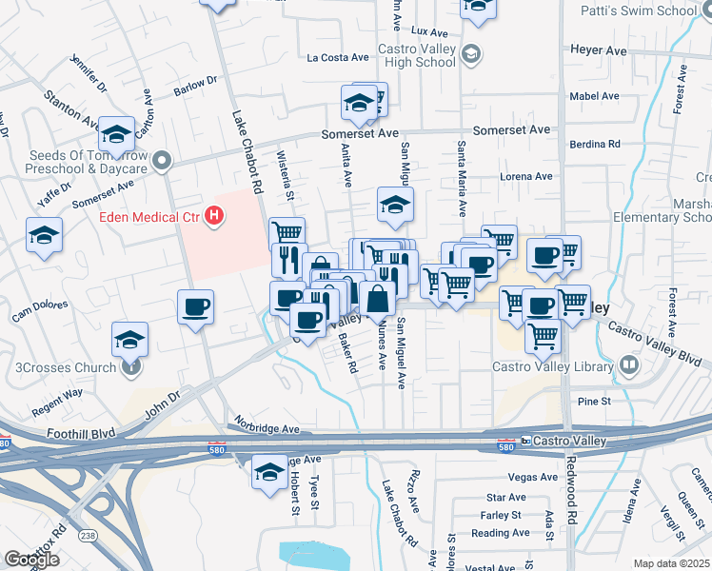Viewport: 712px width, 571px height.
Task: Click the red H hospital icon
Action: (x=215, y=217)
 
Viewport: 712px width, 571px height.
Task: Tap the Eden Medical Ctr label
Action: (x=150, y=217)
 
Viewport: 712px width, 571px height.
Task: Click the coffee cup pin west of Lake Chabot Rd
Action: (x=196, y=307)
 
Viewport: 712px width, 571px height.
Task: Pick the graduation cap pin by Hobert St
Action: (x=270, y=471)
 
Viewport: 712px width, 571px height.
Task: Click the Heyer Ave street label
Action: (x=598, y=49)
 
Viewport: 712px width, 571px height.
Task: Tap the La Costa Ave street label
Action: (x=338, y=58)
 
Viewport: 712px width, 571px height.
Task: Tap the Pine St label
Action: (x=593, y=402)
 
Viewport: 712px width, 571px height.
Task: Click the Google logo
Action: (x=31, y=560)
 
